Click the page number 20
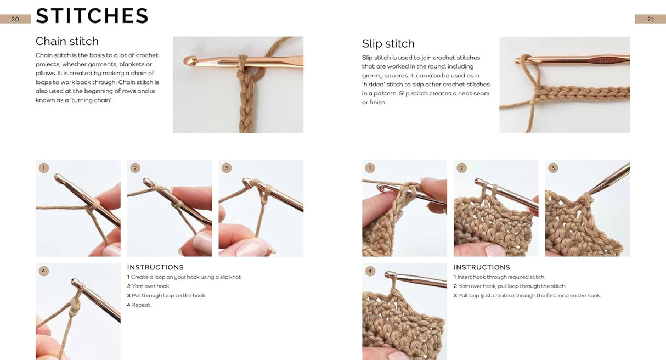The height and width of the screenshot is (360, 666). pos(15,19)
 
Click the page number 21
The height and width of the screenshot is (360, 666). pos(650,19)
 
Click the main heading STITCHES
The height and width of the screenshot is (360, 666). pos(92,16)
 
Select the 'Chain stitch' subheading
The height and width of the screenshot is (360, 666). pos(67,41)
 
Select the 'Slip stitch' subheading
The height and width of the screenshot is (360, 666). pos(388,44)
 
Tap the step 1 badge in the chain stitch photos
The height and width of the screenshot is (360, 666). pos(44,168)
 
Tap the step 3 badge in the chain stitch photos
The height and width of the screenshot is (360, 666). pos(227,168)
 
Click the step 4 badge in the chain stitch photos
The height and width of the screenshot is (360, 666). pos(44,271)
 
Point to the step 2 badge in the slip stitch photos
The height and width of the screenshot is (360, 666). pos(461,168)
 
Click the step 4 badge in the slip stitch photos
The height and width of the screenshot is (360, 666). pos(370,271)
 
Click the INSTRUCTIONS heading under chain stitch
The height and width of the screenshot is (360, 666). pos(155,267)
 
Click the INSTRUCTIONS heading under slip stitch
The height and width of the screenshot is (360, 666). pos(482,267)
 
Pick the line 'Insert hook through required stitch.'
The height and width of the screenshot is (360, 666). pos(501,277)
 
